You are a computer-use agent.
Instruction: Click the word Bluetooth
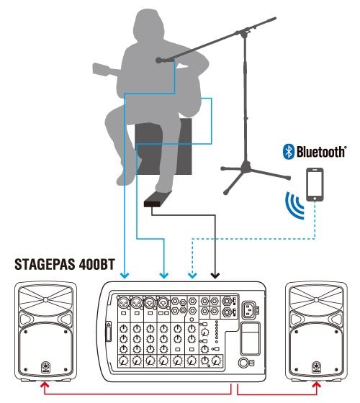(321, 151)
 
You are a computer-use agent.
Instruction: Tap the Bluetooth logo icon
(289, 151)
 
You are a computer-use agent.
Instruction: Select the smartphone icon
(315, 184)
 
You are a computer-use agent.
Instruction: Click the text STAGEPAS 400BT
(65, 264)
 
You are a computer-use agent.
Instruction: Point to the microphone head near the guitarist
(159, 60)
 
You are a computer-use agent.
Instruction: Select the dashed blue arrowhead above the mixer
(192, 276)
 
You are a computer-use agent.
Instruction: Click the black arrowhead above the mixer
(215, 276)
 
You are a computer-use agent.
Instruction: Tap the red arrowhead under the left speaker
(45, 384)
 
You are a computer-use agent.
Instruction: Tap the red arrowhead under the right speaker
(317, 384)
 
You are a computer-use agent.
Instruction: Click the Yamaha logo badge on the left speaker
(45, 367)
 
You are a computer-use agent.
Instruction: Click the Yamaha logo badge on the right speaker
(317, 367)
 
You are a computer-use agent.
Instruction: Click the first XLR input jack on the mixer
(123, 303)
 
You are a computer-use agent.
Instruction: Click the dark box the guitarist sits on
(163, 147)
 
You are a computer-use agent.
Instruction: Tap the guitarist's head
(148, 24)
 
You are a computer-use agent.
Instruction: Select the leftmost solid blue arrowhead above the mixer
(125, 276)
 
